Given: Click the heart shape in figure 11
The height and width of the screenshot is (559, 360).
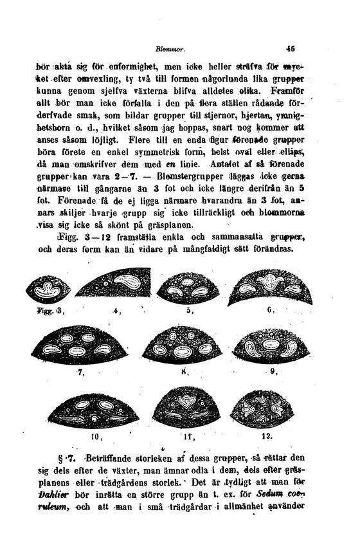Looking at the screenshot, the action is click(186, 401).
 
